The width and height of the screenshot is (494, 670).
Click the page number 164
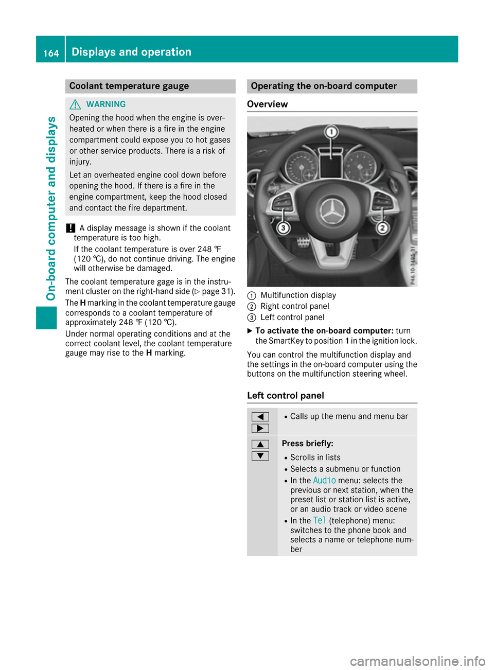pyautogui.click(x=51, y=53)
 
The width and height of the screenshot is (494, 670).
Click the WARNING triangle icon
pyautogui.click(x=75, y=104)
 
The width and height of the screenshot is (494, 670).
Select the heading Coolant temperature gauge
pyautogui.click(x=129, y=86)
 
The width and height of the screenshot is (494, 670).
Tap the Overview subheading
pyautogui.click(x=268, y=104)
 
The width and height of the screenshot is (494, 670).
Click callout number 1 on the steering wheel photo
pyautogui.click(x=331, y=132)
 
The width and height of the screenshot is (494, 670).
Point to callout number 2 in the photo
pyautogui.click(x=382, y=227)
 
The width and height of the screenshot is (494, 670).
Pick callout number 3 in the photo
pyautogui.click(x=283, y=227)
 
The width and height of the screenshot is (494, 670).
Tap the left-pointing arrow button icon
pyautogui.click(x=260, y=417)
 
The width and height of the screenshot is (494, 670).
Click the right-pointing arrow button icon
pyautogui.click(x=260, y=429)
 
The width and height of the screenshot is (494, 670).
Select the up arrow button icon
pyautogui.click(x=260, y=444)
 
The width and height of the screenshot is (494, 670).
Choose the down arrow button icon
pyautogui.click(x=260, y=456)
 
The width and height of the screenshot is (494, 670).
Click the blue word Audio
pyautogui.click(x=324, y=481)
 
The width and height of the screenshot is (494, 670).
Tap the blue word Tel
pyautogui.click(x=320, y=521)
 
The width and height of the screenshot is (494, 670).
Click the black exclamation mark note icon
pyautogui.click(x=70, y=228)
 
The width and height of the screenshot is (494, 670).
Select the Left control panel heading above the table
pyautogui.click(x=286, y=396)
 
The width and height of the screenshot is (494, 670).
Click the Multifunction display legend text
pyautogui.click(x=298, y=295)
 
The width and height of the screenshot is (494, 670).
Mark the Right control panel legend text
pyautogui.click(x=295, y=306)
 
